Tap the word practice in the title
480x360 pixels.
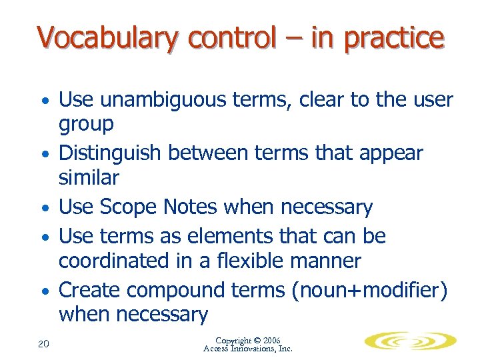[393, 38]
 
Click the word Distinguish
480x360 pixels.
[110, 153]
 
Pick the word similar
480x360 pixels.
[89, 177]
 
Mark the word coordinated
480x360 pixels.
[117, 260]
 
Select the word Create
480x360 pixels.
[90, 290]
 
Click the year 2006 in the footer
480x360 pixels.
[275, 340]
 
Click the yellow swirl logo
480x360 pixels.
[410, 341]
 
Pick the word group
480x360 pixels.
[86, 125]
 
